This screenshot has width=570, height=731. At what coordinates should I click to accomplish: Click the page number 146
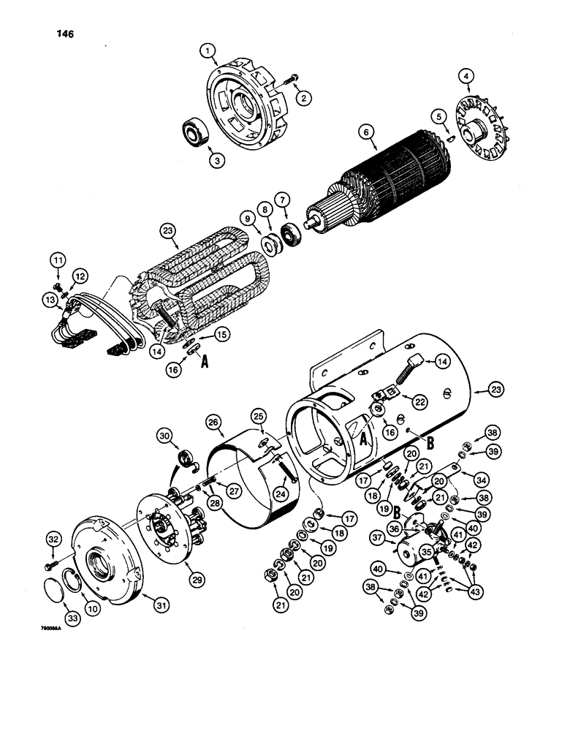[x=64, y=34]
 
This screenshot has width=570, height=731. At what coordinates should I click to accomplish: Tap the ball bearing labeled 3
[x=194, y=135]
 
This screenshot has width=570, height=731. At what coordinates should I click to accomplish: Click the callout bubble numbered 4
[x=467, y=76]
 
